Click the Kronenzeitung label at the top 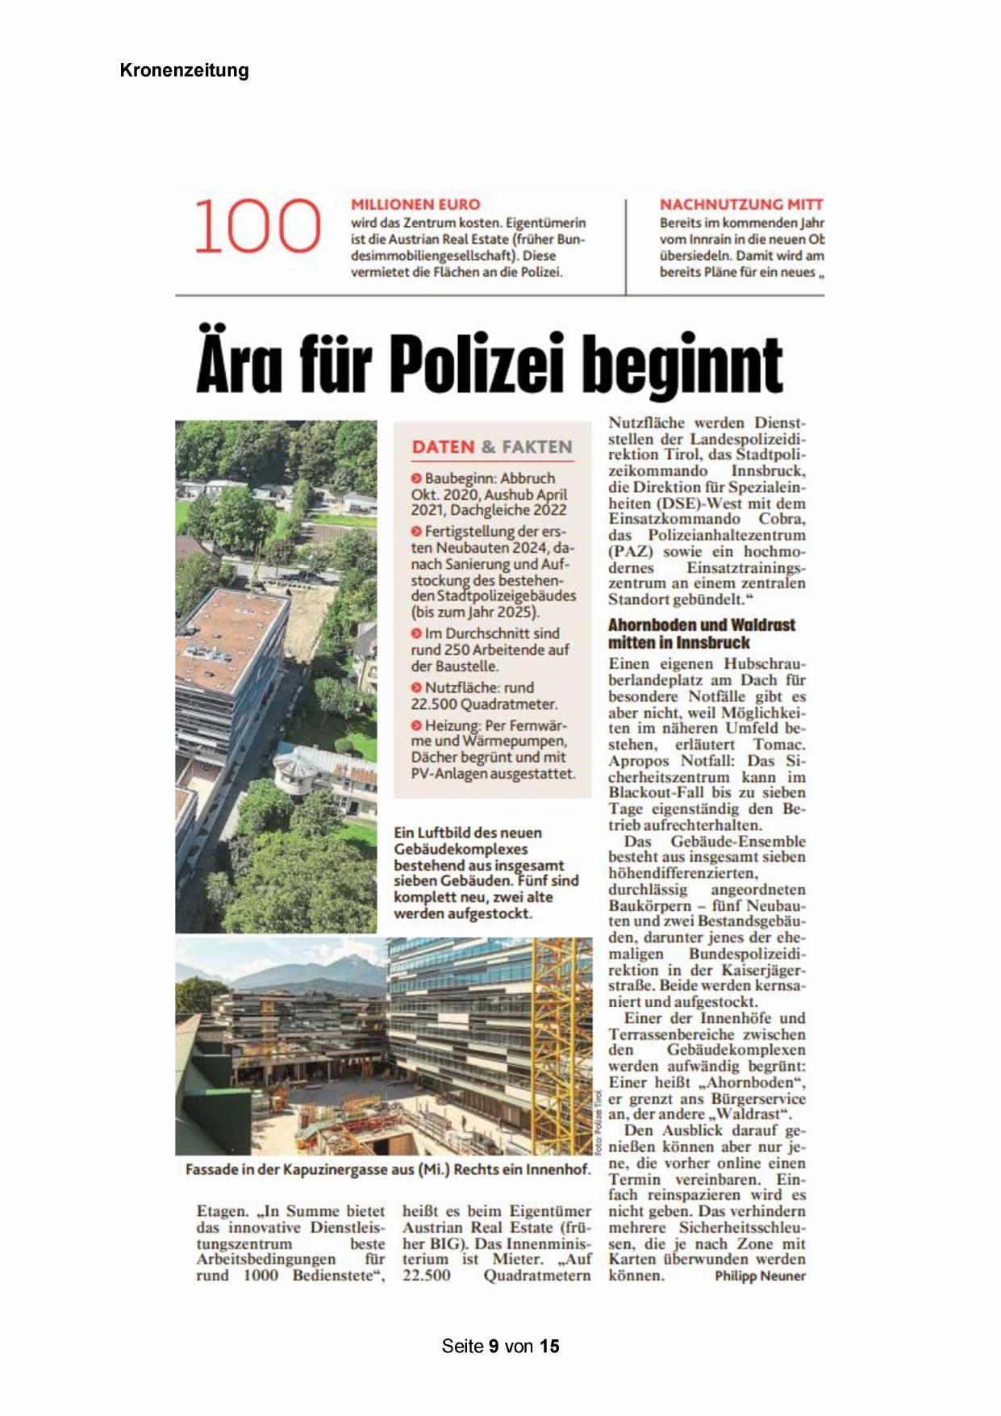[x=184, y=70]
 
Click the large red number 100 [x=257, y=227]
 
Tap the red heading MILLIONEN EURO [x=415, y=205]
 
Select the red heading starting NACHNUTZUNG [x=740, y=205]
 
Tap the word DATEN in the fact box [x=443, y=447]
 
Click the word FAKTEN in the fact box [x=536, y=447]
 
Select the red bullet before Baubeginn [x=416, y=478]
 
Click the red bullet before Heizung [x=416, y=725]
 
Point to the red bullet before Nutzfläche [x=416, y=687]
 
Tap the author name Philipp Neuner [x=760, y=1276]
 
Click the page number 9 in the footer [x=494, y=1346]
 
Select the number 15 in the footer [x=549, y=1346]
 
